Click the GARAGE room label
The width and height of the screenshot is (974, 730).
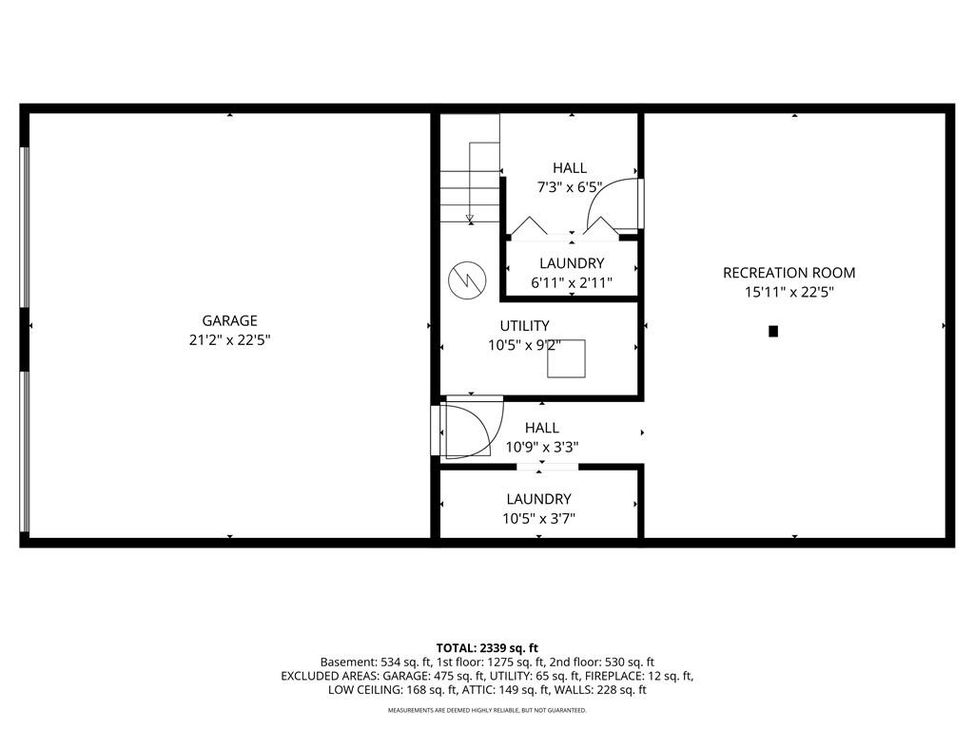229,321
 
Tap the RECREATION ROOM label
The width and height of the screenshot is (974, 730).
789,273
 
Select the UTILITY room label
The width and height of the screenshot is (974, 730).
524,326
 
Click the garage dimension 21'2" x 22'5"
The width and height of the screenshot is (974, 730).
229,340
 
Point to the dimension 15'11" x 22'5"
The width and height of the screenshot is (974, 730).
789,292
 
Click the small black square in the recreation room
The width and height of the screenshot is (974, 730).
773,332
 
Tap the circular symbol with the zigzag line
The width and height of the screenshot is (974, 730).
467,280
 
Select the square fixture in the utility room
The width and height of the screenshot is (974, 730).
566,358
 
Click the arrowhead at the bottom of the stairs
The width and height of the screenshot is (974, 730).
470,219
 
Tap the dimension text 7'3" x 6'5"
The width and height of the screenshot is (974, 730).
570,187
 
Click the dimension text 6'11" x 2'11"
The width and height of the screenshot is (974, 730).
572,283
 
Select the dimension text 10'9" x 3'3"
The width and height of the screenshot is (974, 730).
541,447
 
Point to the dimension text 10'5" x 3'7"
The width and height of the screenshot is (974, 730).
538,518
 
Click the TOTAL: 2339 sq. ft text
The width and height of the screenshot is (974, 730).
487,648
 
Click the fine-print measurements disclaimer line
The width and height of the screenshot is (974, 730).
487,710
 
